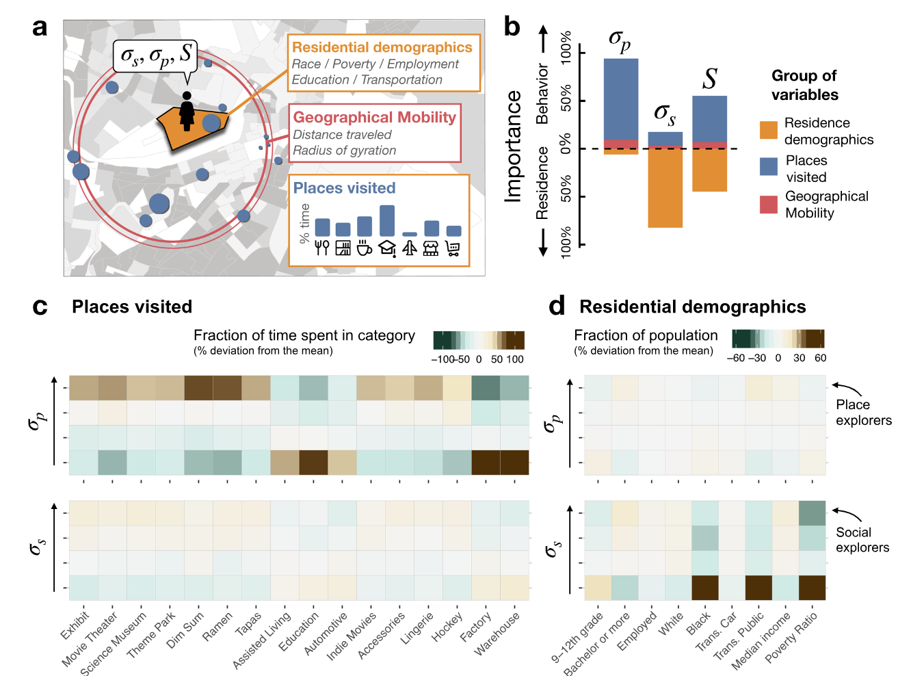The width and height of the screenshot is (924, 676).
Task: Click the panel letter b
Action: [x=512, y=27]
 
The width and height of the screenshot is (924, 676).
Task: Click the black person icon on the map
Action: [x=187, y=111]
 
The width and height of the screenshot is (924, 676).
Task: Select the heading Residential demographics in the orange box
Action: [x=382, y=47]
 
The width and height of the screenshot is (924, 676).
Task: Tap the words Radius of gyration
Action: [x=345, y=151]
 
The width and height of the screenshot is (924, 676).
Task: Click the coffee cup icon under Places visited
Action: [x=365, y=248]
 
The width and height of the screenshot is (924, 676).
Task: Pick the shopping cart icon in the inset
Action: [x=453, y=248]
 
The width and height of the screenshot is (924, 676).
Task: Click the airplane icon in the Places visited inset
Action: [x=410, y=248]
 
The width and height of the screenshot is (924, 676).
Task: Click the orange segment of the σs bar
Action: [x=665, y=188]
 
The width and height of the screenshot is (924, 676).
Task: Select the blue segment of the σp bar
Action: [x=621, y=99]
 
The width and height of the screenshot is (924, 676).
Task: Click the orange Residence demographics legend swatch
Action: [x=769, y=130]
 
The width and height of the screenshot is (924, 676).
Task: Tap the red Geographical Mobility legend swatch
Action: [x=769, y=205]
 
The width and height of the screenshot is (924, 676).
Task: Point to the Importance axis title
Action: [x=513, y=146]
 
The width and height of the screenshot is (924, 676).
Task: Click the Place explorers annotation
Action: [x=864, y=413]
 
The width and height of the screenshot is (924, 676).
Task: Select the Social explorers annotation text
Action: [x=862, y=540]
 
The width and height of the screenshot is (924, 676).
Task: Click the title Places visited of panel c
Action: [x=132, y=307]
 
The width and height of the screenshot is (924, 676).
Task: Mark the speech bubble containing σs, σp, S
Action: [x=155, y=57]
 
